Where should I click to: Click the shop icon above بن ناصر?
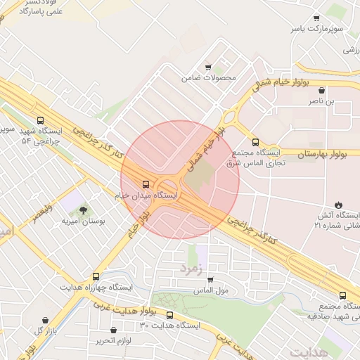[322, 91]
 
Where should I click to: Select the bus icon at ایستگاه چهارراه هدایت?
[96, 276]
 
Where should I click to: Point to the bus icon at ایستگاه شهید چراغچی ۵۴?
[40, 120]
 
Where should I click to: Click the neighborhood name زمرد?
[190, 268]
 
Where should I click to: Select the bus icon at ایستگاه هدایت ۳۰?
[169, 314]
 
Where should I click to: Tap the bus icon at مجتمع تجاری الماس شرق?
[255, 141]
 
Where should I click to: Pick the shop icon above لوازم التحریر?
[113, 330]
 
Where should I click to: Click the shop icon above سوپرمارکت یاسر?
[316, 18]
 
